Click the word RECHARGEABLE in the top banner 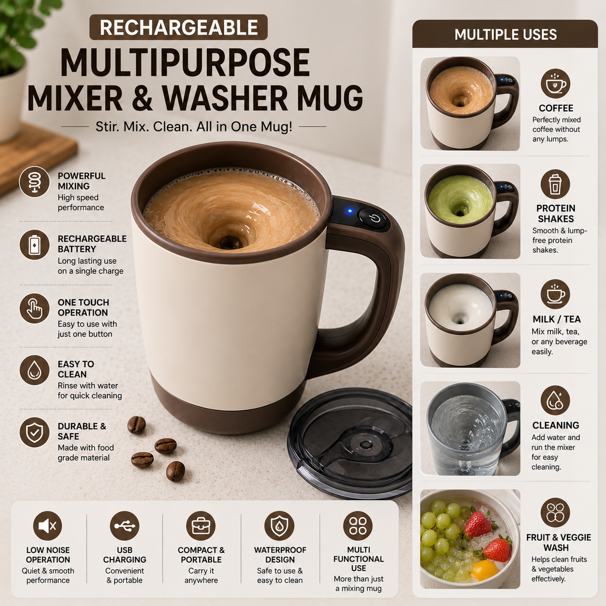pyautogui.click(x=179, y=28)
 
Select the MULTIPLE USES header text pyautogui.click(x=505, y=35)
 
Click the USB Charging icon pyautogui.click(x=125, y=526)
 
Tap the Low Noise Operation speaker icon pyautogui.click(x=48, y=526)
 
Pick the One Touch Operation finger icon pyautogui.click(x=35, y=308)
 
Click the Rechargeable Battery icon pyautogui.click(x=35, y=245)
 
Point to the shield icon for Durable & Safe pyautogui.click(x=35, y=433)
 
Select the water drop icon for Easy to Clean pyautogui.click(x=35, y=371)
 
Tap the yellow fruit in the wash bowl pyautogui.click(x=485, y=569)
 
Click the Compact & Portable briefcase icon pyautogui.click(x=201, y=526)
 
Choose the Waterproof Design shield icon pyautogui.click(x=279, y=526)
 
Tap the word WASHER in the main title pyautogui.click(x=224, y=97)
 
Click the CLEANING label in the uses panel pyautogui.click(x=556, y=425)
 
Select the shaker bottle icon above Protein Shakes pyautogui.click(x=555, y=185)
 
